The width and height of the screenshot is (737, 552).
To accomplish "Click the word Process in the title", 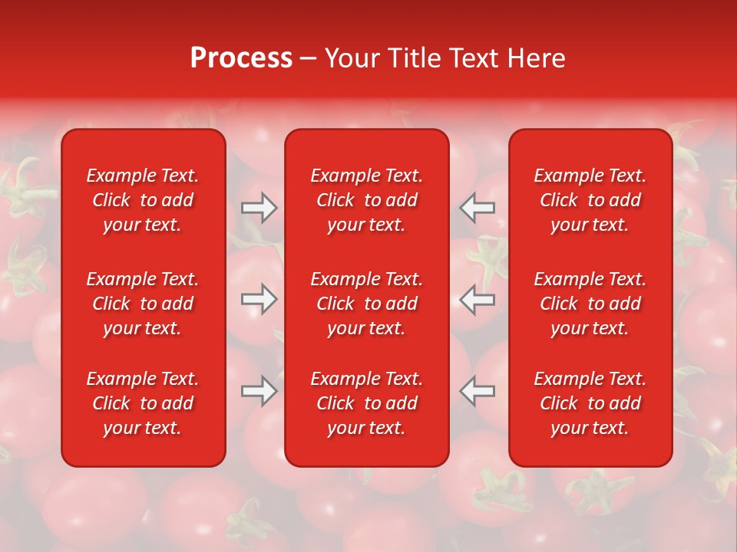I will click(x=241, y=58).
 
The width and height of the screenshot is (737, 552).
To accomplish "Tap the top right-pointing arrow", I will click(x=259, y=207).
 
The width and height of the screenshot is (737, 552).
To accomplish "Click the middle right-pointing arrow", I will click(x=259, y=299).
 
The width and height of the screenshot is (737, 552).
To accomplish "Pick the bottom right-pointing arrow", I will click(x=259, y=390).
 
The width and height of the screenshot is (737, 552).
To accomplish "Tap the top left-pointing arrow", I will click(x=477, y=207).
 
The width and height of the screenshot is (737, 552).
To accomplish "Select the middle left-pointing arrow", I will click(x=477, y=299).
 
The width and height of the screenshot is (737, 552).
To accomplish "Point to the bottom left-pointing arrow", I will click(x=477, y=390).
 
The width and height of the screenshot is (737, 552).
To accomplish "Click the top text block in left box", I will click(x=143, y=200).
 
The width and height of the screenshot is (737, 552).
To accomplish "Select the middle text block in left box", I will click(x=143, y=304).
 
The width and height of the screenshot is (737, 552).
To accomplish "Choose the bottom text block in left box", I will click(x=143, y=403).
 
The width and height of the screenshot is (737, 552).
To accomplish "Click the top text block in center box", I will click(x=367, y=200).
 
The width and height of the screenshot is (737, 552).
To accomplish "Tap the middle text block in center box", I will click(x=367, y=304).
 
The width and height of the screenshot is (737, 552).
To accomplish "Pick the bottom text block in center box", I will click(x=367, y=403).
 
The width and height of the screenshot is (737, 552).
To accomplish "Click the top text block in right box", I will click(x=590, y=200).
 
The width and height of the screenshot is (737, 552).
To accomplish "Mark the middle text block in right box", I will click(x=590, y=304).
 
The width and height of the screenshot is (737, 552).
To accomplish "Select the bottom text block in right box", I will click(x=590, y=403).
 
